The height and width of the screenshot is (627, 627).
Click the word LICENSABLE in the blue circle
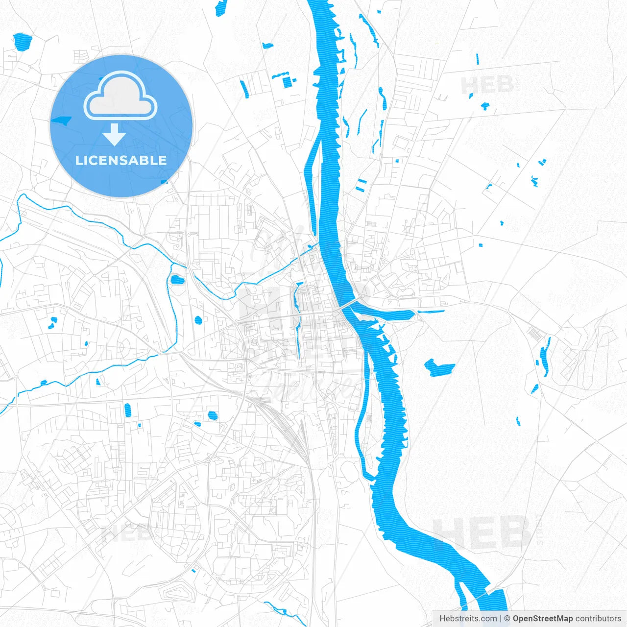coord(121,160)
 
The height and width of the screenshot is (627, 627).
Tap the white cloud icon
coord(121,96)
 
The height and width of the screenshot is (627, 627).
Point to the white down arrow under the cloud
coord(115,134)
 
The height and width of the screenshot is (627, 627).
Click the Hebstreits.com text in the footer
coord(467,619)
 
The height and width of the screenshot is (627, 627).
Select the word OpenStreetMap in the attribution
coord(542,619)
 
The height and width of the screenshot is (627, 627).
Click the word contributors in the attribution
coord(598,619)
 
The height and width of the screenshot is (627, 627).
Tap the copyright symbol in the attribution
coord(507,619)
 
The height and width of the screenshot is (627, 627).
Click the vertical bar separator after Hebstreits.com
coord(500,619)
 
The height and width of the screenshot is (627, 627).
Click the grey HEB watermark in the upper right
coord(487,85)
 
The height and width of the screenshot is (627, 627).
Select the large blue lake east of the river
coord(438,367)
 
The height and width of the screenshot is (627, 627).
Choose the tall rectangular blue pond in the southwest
coord(128,410)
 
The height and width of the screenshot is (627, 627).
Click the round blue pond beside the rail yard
coord(212,415)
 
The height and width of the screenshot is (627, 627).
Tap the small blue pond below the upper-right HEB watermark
coord(485,105)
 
